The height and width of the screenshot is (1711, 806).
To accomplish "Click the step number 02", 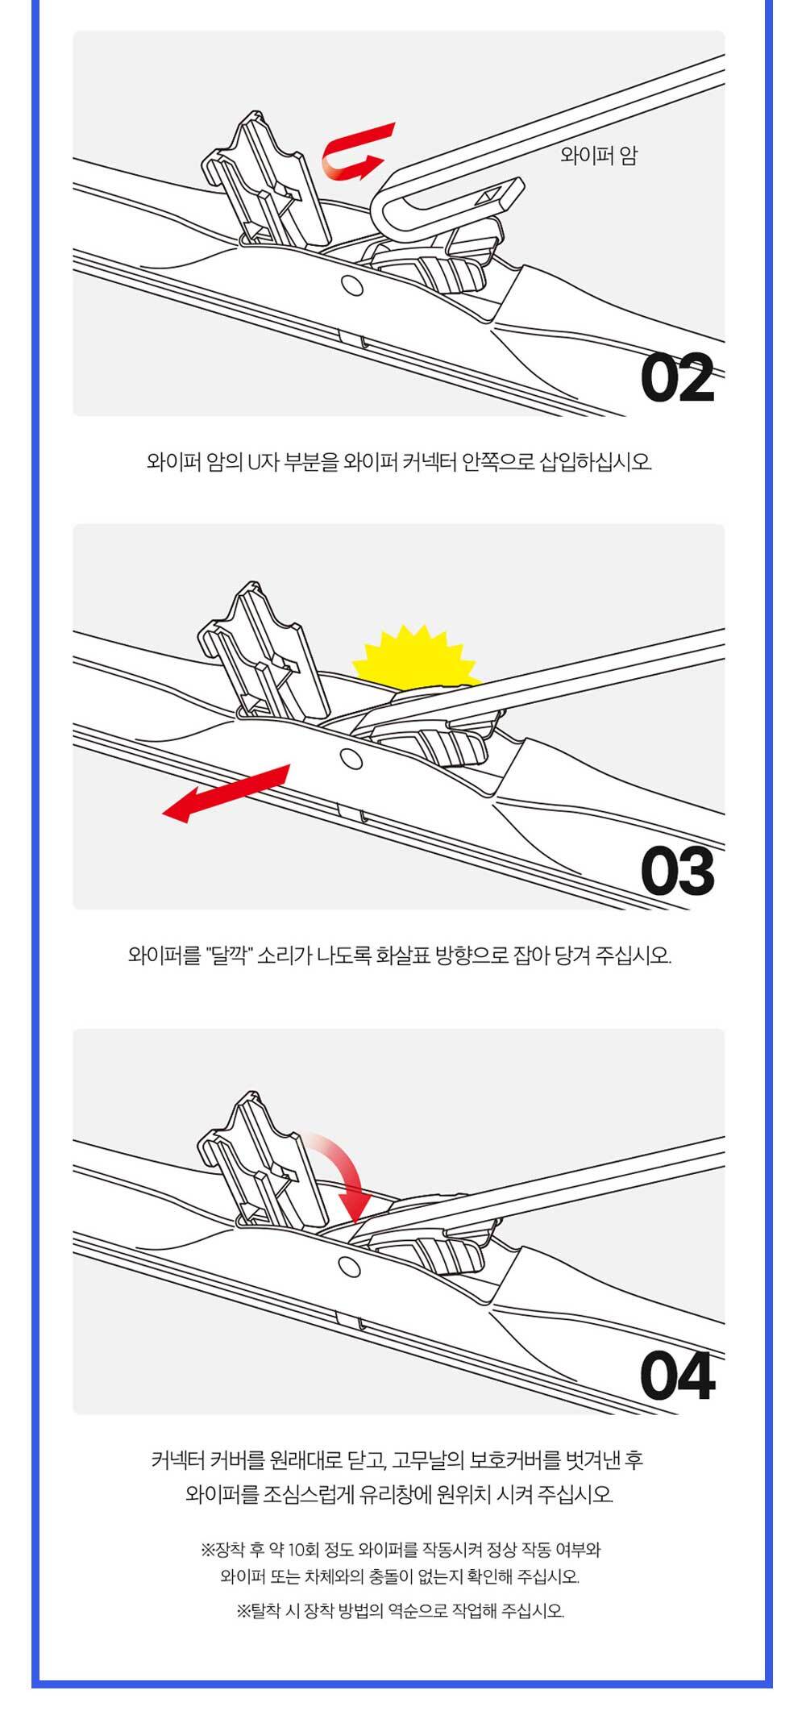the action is pos(678,377).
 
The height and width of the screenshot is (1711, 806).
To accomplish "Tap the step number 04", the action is pos(678,1376).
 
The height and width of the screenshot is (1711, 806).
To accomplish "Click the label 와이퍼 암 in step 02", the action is pos(598,156).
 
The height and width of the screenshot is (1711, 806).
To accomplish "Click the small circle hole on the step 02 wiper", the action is pos(351,285).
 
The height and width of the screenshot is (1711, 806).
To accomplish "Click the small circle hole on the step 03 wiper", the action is pos(351,759).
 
